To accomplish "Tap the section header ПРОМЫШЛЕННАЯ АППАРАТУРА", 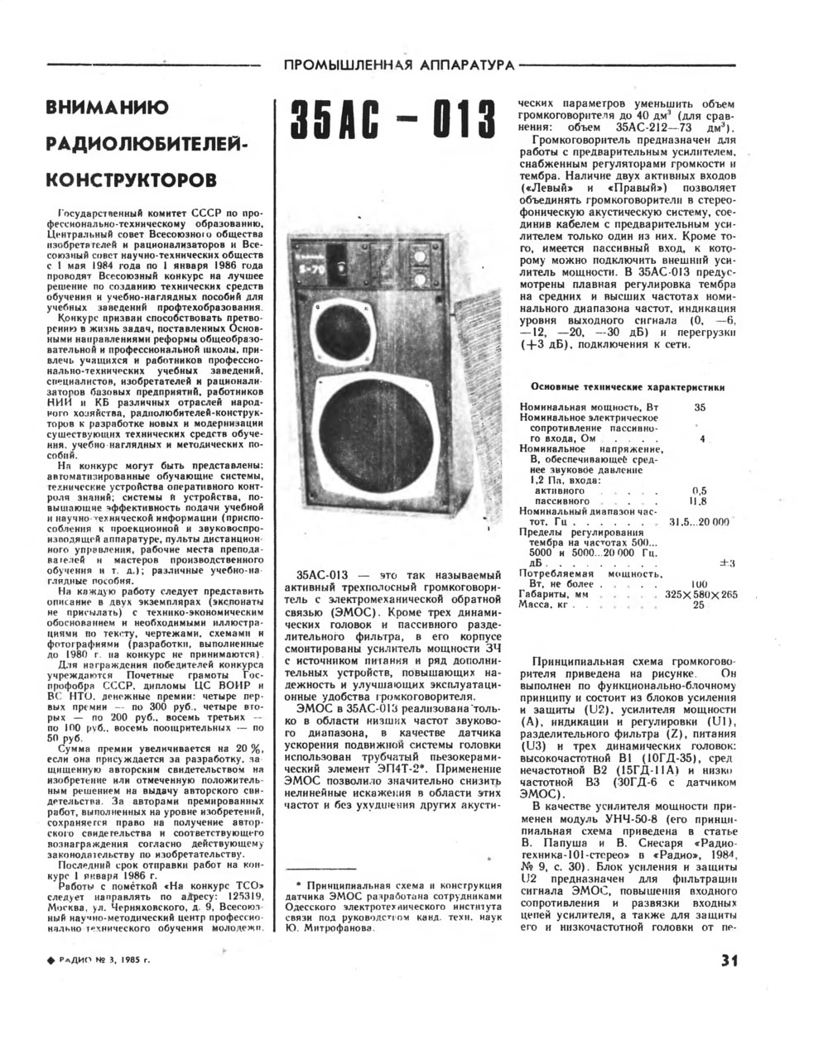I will tap(398, 65).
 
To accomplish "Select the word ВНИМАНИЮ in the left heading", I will tap(108, 108).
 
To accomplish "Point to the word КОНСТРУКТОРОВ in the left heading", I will tap(132, 179).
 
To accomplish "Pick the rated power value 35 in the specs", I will tap(700, 407).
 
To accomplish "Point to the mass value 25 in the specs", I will tap(698, 605).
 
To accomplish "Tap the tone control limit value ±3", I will tap(728, 563).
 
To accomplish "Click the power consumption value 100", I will tap(698, 583).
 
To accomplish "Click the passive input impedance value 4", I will tap(702, 438).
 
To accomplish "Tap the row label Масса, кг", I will tap(546, 605).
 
